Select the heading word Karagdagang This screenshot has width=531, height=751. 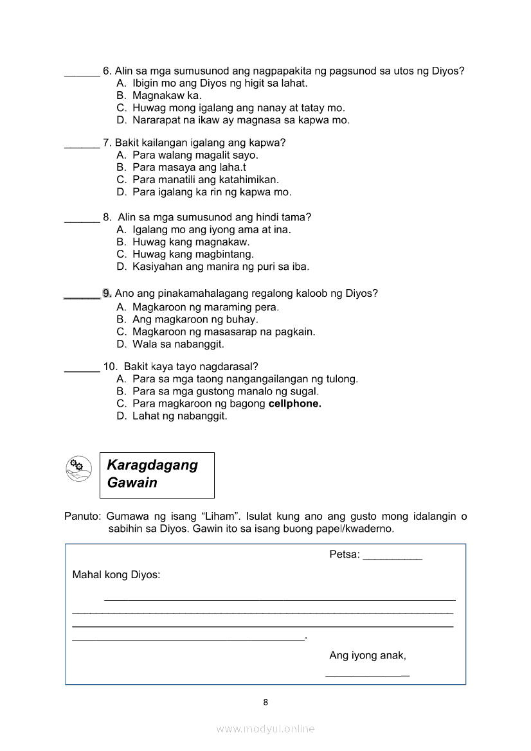(152, 465)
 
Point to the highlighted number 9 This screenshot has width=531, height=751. (107, 294)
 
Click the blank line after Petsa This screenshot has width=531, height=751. (392, 559)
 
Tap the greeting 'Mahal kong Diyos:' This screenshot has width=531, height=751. (116, 574)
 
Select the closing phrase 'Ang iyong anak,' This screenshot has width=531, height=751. (368, 655)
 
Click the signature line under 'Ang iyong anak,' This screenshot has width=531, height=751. (367, 675)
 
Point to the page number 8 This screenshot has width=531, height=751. (265, 702)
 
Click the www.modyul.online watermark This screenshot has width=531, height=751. (265, 729)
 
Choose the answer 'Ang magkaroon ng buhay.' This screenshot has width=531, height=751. (195, 319)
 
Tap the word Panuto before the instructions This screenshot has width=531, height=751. (82, 516)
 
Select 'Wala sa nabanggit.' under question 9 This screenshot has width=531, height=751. (178, 344)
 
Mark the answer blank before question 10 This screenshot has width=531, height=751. (82, 371)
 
